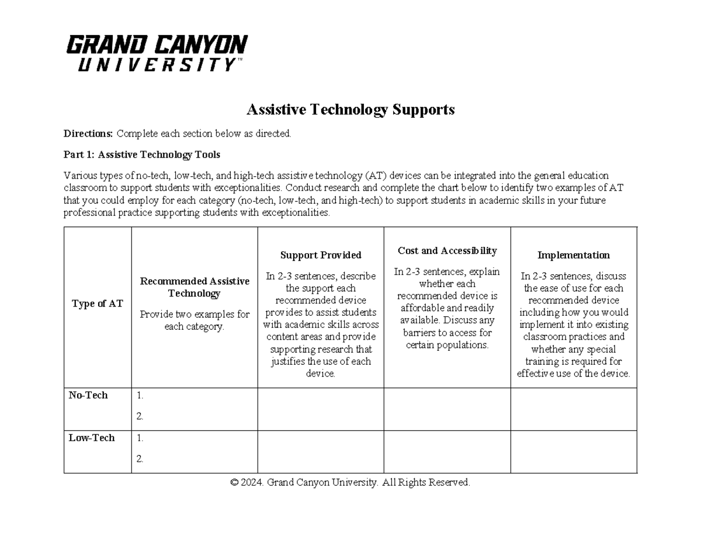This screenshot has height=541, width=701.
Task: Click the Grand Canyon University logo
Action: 157,53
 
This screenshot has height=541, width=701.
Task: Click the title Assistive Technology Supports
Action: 350,109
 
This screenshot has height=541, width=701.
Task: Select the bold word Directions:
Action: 89,134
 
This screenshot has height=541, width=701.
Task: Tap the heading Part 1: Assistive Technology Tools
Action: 141,155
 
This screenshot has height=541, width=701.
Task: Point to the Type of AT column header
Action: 98,303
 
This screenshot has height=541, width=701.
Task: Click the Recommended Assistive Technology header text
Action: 195,287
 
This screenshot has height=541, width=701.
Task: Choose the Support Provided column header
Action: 321,255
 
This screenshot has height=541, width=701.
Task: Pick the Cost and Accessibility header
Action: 447,250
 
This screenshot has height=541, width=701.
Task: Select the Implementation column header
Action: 573,255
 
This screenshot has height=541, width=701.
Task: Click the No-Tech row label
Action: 88,395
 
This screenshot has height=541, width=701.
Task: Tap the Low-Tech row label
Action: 92,438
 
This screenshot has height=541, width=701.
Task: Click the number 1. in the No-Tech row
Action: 140,396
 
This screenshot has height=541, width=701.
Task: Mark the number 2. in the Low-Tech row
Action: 140,459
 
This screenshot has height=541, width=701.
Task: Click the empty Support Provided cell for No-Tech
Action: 321,409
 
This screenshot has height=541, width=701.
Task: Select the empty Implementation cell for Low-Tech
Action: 573,452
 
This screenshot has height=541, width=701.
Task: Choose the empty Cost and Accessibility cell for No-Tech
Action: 447,409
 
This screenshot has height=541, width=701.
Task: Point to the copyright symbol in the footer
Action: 234,483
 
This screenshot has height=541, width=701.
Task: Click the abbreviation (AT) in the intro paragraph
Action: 376,176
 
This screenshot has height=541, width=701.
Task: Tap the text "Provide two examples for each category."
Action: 195,320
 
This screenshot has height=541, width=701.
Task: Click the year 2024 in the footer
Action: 252,483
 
